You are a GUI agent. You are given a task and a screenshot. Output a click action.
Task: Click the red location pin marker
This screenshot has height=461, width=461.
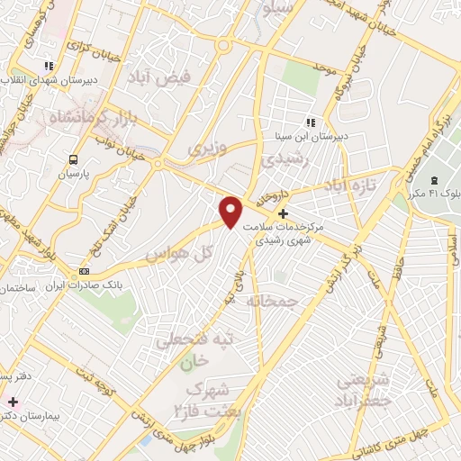(231, 211)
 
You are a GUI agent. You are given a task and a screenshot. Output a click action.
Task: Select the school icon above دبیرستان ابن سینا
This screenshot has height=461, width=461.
(310, 122)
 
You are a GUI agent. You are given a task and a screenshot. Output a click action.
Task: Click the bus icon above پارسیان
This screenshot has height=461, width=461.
(70, 158)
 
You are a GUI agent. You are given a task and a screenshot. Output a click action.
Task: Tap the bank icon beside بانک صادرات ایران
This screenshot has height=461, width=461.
(85, 270)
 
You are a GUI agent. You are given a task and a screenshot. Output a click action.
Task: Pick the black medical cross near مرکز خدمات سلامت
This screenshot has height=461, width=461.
(284, 214)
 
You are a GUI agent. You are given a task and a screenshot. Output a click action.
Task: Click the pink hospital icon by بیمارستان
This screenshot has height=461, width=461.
(13, 402)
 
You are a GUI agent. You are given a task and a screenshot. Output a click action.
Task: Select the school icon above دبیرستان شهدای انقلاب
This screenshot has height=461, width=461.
(49, 66)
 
